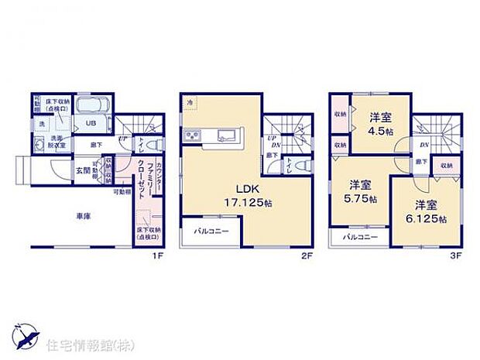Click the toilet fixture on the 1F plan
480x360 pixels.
pyautogui.click(x=152, y=145)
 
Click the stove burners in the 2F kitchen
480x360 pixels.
pyautogui.click(x=193, y=137)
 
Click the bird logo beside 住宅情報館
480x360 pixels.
pyautogui.click(x=25, y=336)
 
